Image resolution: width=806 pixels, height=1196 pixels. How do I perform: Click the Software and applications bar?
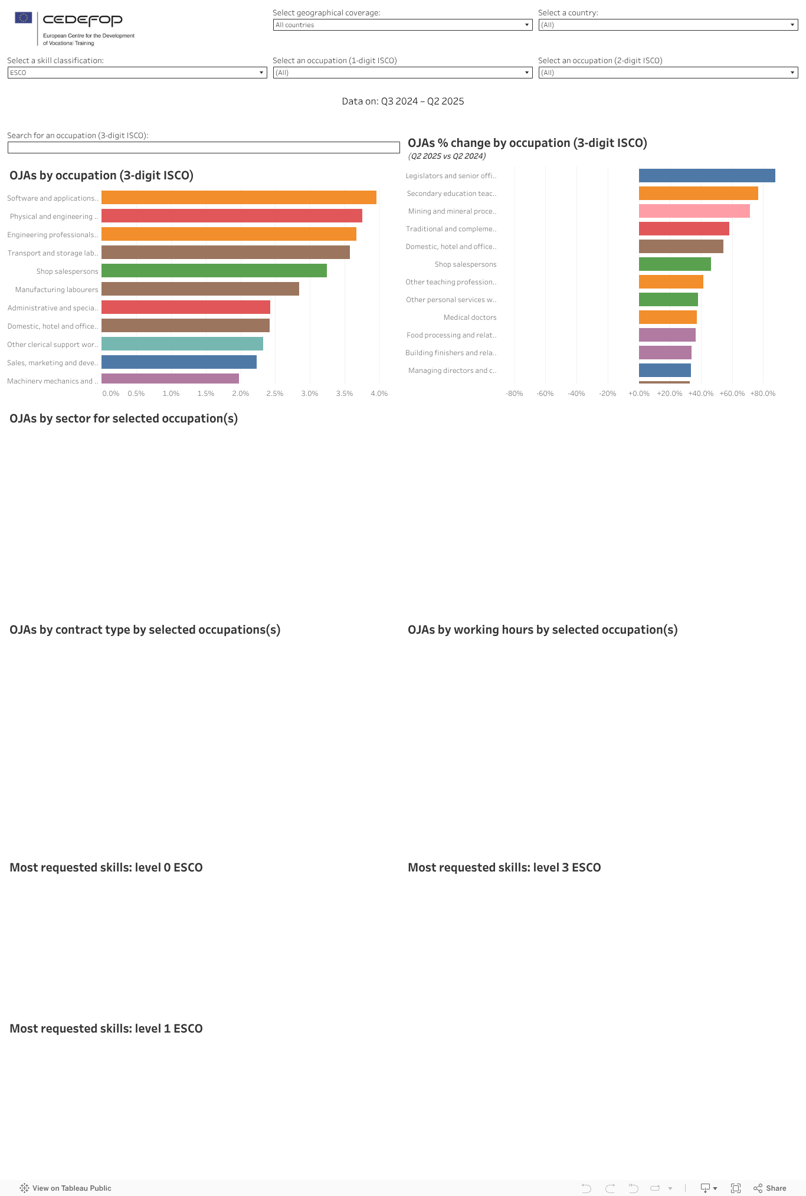pos(238,198)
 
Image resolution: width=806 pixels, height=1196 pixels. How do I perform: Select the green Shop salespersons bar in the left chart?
pos(214,271)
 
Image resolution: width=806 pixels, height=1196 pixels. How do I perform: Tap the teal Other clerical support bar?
pos(182,344)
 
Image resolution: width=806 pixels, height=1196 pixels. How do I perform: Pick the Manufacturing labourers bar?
pos(200,289)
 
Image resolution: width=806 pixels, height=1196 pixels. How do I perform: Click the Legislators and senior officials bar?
pos(706,176)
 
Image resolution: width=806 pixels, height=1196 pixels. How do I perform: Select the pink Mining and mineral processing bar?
pos(694,211)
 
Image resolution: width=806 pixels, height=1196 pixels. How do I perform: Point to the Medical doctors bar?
pos(667,317)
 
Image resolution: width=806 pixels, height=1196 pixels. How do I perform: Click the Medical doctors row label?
pos(470,317)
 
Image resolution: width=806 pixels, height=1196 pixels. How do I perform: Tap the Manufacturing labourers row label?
pos(57,290)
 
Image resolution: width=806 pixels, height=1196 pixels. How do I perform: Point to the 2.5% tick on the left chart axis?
pos(275,394)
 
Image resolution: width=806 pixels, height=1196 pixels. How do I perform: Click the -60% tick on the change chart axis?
pos(545,394)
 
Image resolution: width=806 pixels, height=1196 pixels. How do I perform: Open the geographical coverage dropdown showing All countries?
pos(402,25)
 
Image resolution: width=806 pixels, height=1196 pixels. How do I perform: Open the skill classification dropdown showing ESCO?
pos(137,73)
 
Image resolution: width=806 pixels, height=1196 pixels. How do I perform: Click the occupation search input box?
pos(204,148)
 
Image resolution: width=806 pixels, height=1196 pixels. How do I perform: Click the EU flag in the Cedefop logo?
pos(24,18)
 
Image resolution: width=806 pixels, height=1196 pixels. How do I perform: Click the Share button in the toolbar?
pos(770,1188)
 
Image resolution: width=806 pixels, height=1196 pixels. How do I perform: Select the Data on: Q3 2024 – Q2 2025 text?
pos(403,101)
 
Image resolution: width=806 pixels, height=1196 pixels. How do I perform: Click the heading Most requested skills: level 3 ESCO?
pos(504,867)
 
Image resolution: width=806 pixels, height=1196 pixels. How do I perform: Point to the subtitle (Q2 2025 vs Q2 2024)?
pos(447,156)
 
